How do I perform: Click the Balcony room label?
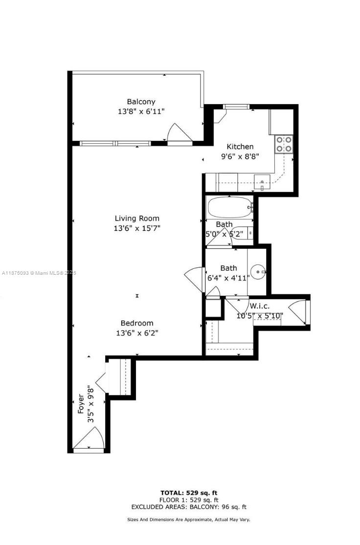[141, 102]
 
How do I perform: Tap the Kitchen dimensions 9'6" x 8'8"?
[240, 156]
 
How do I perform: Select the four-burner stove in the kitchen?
[284, 145]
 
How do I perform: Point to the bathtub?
[230, 208]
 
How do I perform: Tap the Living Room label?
[137, 218]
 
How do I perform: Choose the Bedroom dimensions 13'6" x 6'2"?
[137, 333]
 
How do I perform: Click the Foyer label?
[81, 404]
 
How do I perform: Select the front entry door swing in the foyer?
[89, 438]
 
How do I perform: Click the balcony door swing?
[180, 132]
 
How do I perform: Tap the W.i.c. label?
[259, 306]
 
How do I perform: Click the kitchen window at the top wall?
[236, 107]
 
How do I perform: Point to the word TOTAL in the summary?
[172, 493]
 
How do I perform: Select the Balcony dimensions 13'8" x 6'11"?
[141, 111]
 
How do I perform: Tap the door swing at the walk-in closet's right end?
[297, 312]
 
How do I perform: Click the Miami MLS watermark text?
[39, 273]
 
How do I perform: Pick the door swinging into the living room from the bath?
[194, 279]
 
